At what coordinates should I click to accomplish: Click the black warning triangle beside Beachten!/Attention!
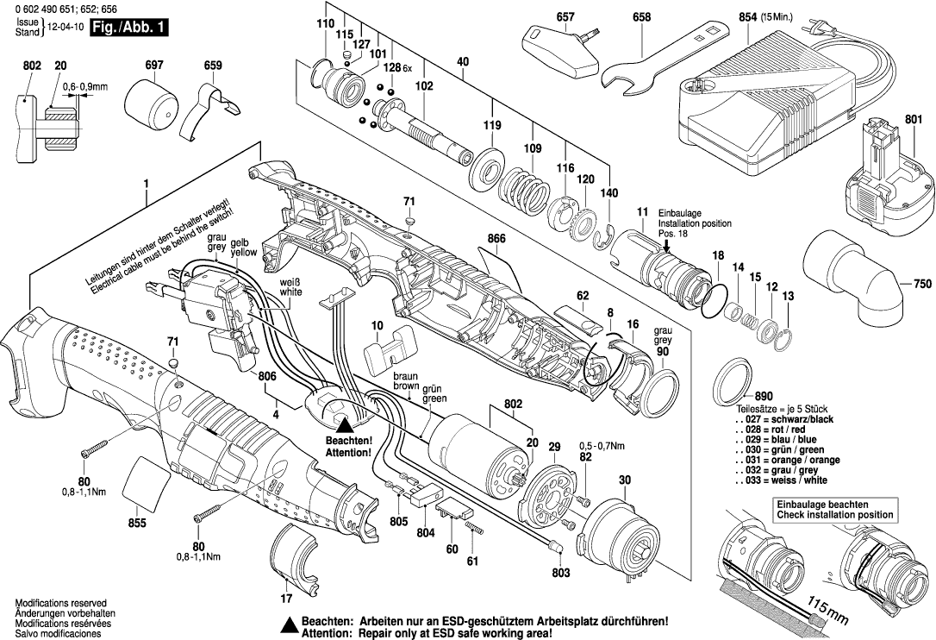click(344, 424)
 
